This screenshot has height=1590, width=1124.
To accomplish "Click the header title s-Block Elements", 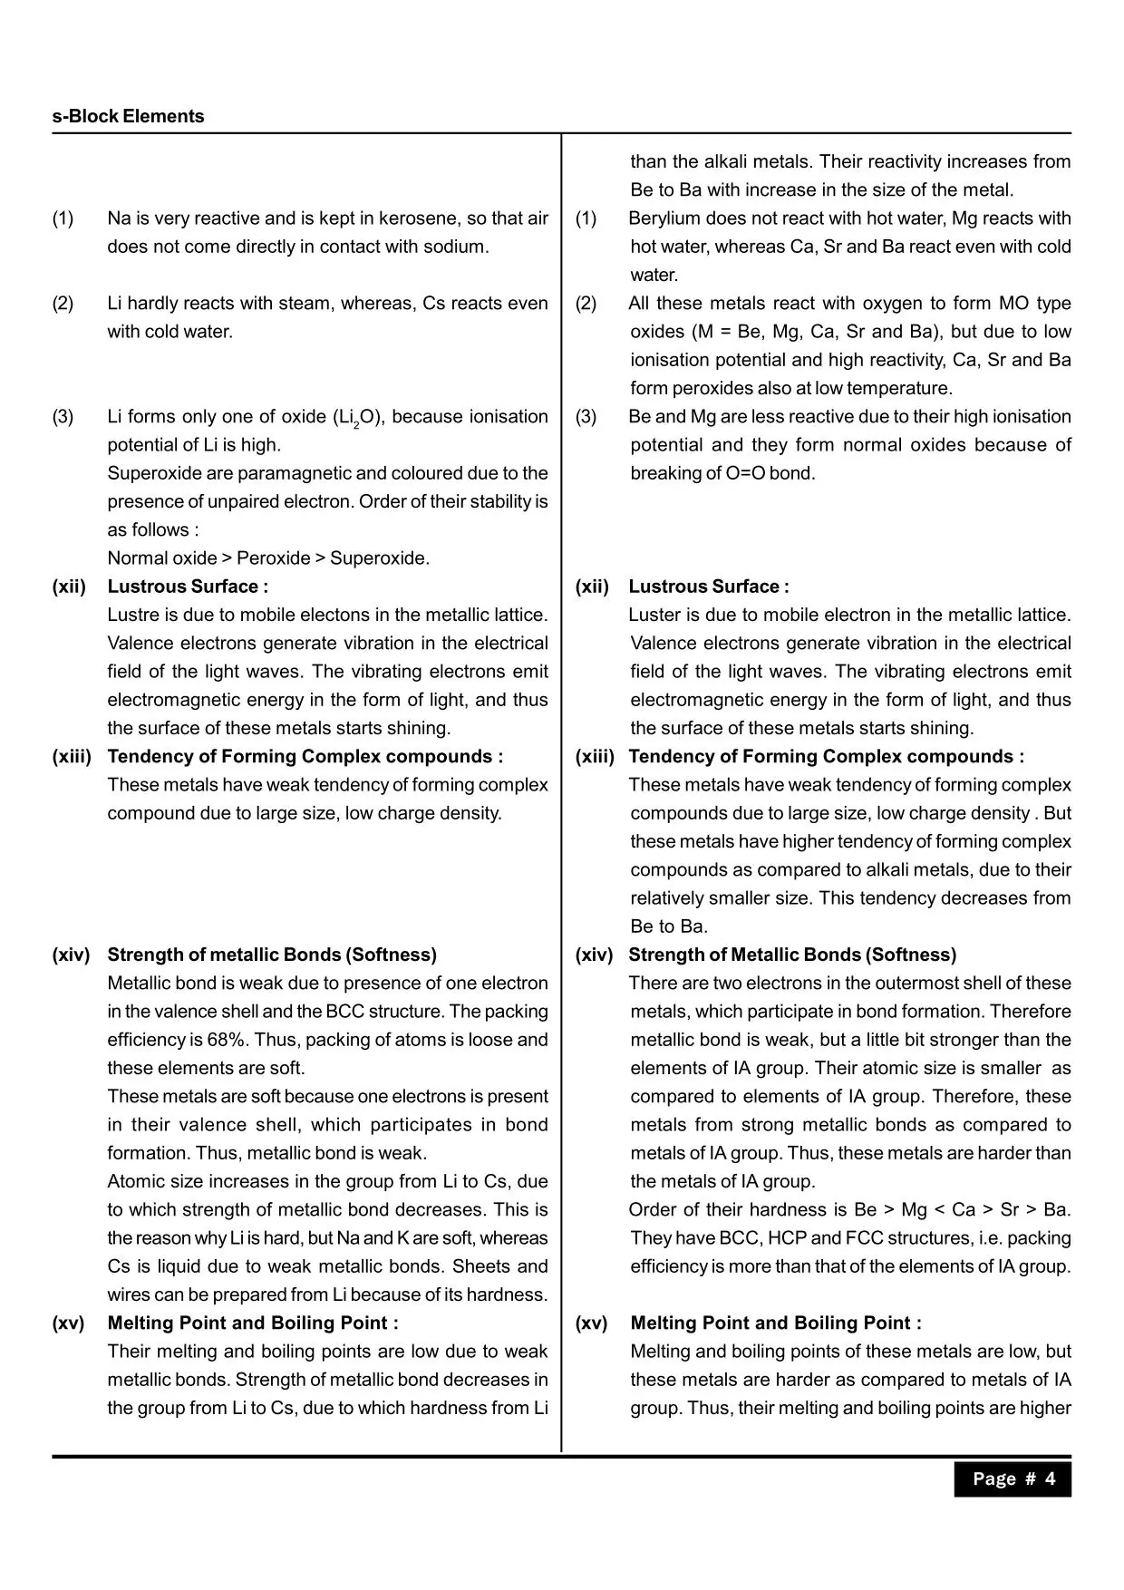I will tap(128, 116).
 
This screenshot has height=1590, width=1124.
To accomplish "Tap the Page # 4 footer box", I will tap(1013, 1479).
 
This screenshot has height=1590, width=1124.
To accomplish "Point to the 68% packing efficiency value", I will tap(218, 1039).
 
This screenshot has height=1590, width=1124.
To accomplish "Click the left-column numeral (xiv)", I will tap(71, 955).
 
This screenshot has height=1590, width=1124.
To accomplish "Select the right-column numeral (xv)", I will tap(591, 1323).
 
